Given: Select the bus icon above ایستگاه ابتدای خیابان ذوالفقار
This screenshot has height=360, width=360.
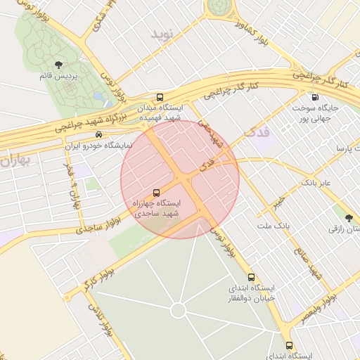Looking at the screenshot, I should [252, 277].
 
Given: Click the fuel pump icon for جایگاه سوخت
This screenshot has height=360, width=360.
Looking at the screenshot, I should [314, 97].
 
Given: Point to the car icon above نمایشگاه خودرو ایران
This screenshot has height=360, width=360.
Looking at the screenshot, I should [98, 134].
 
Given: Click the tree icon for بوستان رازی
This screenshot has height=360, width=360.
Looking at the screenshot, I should [349, 217].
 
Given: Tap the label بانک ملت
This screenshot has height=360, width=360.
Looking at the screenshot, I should [273, 225].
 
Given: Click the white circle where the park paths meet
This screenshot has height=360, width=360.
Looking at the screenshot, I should [178, 310].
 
